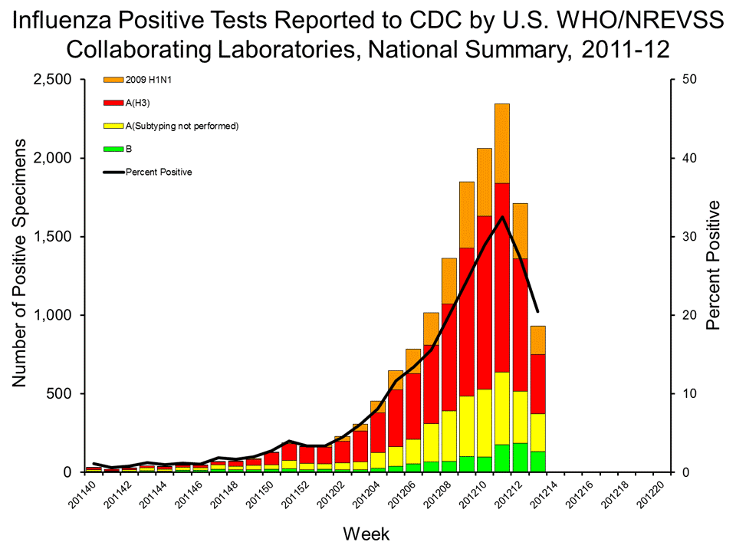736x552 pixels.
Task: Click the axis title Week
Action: click(367, 532)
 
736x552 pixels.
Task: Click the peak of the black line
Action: click(503, 217)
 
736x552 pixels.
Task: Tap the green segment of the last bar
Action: click(538, 462)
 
